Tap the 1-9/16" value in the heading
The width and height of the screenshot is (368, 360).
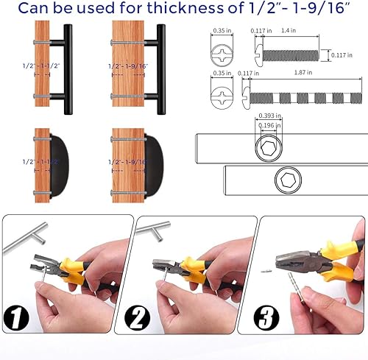click(x=321, y=10)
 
